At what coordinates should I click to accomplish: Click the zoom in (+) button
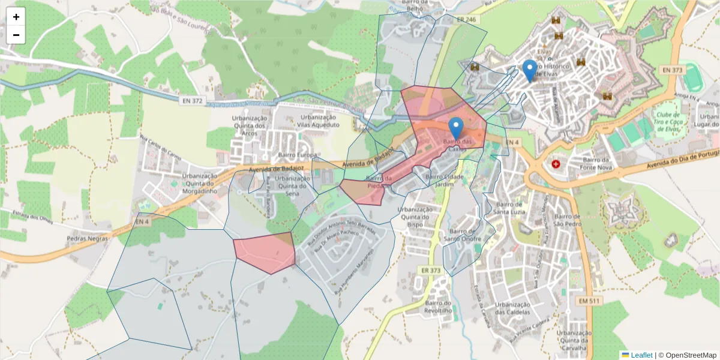16,17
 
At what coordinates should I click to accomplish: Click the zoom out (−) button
16,35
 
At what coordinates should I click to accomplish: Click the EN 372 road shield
191,100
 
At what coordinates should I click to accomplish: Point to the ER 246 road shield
466,20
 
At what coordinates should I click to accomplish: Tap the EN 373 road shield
673,70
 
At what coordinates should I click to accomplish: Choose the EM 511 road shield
590,300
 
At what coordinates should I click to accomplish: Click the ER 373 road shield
431,271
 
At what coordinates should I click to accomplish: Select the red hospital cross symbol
556,164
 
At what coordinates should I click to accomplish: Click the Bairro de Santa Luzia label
509,207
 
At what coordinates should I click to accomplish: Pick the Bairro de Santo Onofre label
462,235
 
